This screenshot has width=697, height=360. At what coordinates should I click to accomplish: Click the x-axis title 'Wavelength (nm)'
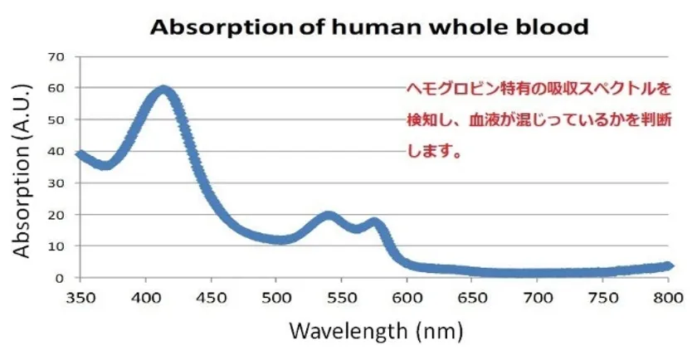pyautogui.click(x=373, y=330)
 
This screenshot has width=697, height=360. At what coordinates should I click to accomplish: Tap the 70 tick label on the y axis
pyautogui.click(x=56, y=56)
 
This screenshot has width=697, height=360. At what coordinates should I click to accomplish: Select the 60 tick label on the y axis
pyautogui.click(x=56, y=88)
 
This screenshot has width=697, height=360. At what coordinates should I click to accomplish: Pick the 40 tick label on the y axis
pyautogui.click(x=56, y=151)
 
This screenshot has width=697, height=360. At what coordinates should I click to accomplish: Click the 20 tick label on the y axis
pyautogui.click(x=56, y=215)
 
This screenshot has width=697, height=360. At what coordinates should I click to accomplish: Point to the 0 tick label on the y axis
pyautogui.click(x=60, y=278)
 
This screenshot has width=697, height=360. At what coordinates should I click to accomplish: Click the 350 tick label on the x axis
pyautogui.click(x=80, y=294)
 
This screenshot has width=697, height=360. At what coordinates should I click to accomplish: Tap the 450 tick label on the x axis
pyautogui.click(x=211, y=294)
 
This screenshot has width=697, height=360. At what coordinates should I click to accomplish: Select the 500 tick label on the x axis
pyautogui.click(x=275, y=294)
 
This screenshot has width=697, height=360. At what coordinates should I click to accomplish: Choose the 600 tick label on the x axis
pyautogui.click(x=406, y=294)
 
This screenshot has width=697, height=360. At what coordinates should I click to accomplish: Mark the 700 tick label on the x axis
pyautogui.click(x=537, y=294)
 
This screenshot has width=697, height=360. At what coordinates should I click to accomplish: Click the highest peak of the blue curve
pyautogui.click(x=163, y=90)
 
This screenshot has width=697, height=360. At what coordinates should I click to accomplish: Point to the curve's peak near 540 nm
pyautogui.click(x=329, y=216)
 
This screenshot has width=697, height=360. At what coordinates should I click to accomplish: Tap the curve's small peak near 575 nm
pyautogui.click(x=375, y=222)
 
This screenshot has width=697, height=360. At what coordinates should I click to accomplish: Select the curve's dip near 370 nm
pyautogui.click(x=105, y=165)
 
